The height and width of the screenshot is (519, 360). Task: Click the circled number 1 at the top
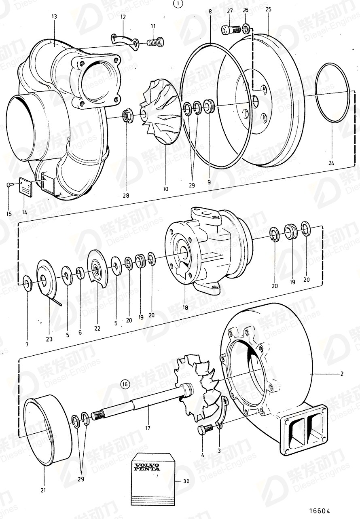tap(178, 4)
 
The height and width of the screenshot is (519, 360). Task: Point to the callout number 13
tap(54, 17)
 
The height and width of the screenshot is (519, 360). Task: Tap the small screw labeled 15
tap(9, 185)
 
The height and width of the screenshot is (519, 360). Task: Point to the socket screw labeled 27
tap(229, 29)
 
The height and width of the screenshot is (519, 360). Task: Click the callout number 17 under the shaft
tap(148, 428)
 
